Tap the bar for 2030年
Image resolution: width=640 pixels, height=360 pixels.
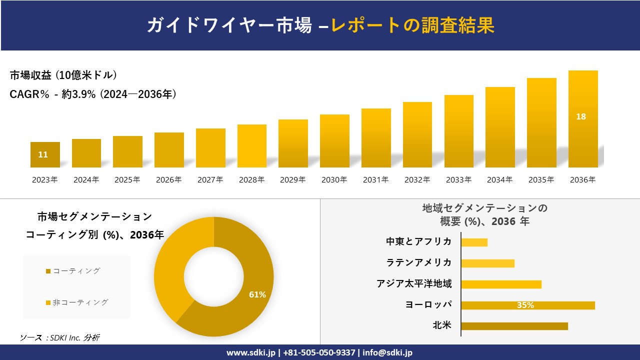pyautogui.click(x=334, y=141)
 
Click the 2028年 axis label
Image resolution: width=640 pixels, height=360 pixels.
pyautogui.click(x=251, y=180)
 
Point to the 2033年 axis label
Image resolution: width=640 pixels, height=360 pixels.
pyautogui.click(x=458, y=180)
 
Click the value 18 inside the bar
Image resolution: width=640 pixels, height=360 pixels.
pyautogui.click(x=581, y=116)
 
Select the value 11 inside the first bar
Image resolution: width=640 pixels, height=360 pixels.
pyautogui.click(x=43, y=154)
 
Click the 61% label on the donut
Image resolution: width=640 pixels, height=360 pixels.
pyautogui.click(x=257, y=295)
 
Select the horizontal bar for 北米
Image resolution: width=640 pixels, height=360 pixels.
pyautogui.click(x=514, y=326)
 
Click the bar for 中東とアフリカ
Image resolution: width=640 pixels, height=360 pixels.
pyautogui.click(x=474, y=242)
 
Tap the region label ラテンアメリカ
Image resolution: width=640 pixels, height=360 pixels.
pyautogui.click(x=418, y=262)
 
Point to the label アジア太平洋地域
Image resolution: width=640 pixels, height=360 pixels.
pyautogui.click(x=414, y=284)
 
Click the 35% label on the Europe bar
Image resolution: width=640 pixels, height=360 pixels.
pyautogui.click(x=525, y=305)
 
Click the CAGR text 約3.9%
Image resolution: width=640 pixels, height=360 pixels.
pyautogui.click(x=78, y=94)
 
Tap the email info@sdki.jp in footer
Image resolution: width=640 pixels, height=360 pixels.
pyautogui.click(x=387, y=352)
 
